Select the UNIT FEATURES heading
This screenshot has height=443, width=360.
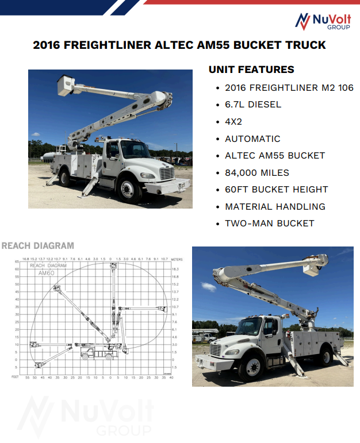pos(251,70)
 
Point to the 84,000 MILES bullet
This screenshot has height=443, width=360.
pos(257,172)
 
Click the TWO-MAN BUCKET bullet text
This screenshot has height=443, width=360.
pos(269,223)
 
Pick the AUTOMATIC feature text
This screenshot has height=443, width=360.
pos(252,138)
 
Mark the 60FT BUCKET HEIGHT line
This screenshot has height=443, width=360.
pos(276,189)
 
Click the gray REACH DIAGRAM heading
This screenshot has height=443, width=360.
pos(38,246)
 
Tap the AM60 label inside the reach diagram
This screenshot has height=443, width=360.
pos(46,273)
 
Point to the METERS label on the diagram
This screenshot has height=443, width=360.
pos(177,260)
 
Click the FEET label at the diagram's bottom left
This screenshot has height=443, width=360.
pos(15,377)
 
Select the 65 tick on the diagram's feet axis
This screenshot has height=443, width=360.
pos(17,262)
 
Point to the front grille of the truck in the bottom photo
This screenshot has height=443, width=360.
pos(216,350)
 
